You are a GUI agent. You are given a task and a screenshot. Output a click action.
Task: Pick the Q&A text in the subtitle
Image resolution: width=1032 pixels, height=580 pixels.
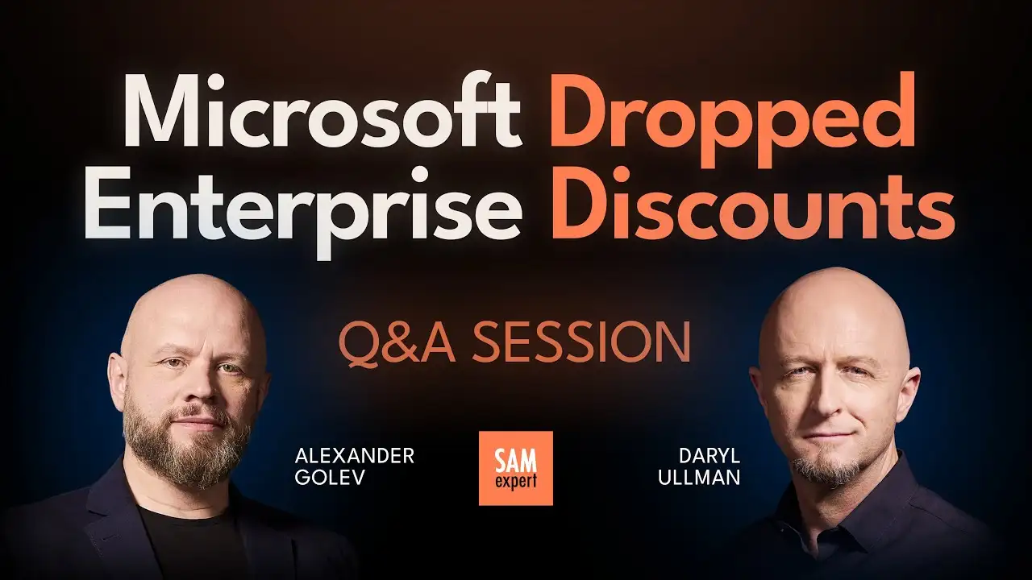390,343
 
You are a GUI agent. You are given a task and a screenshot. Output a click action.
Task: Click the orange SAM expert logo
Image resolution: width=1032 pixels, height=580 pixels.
515,468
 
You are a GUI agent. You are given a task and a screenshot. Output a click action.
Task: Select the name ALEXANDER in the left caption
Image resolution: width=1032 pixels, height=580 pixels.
355,457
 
